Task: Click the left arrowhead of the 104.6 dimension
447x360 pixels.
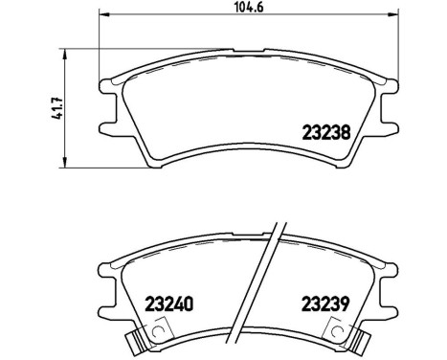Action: pyautogui.click(x=104, y=17)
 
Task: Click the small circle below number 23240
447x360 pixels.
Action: pyautogui.click(x=146, y=329)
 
